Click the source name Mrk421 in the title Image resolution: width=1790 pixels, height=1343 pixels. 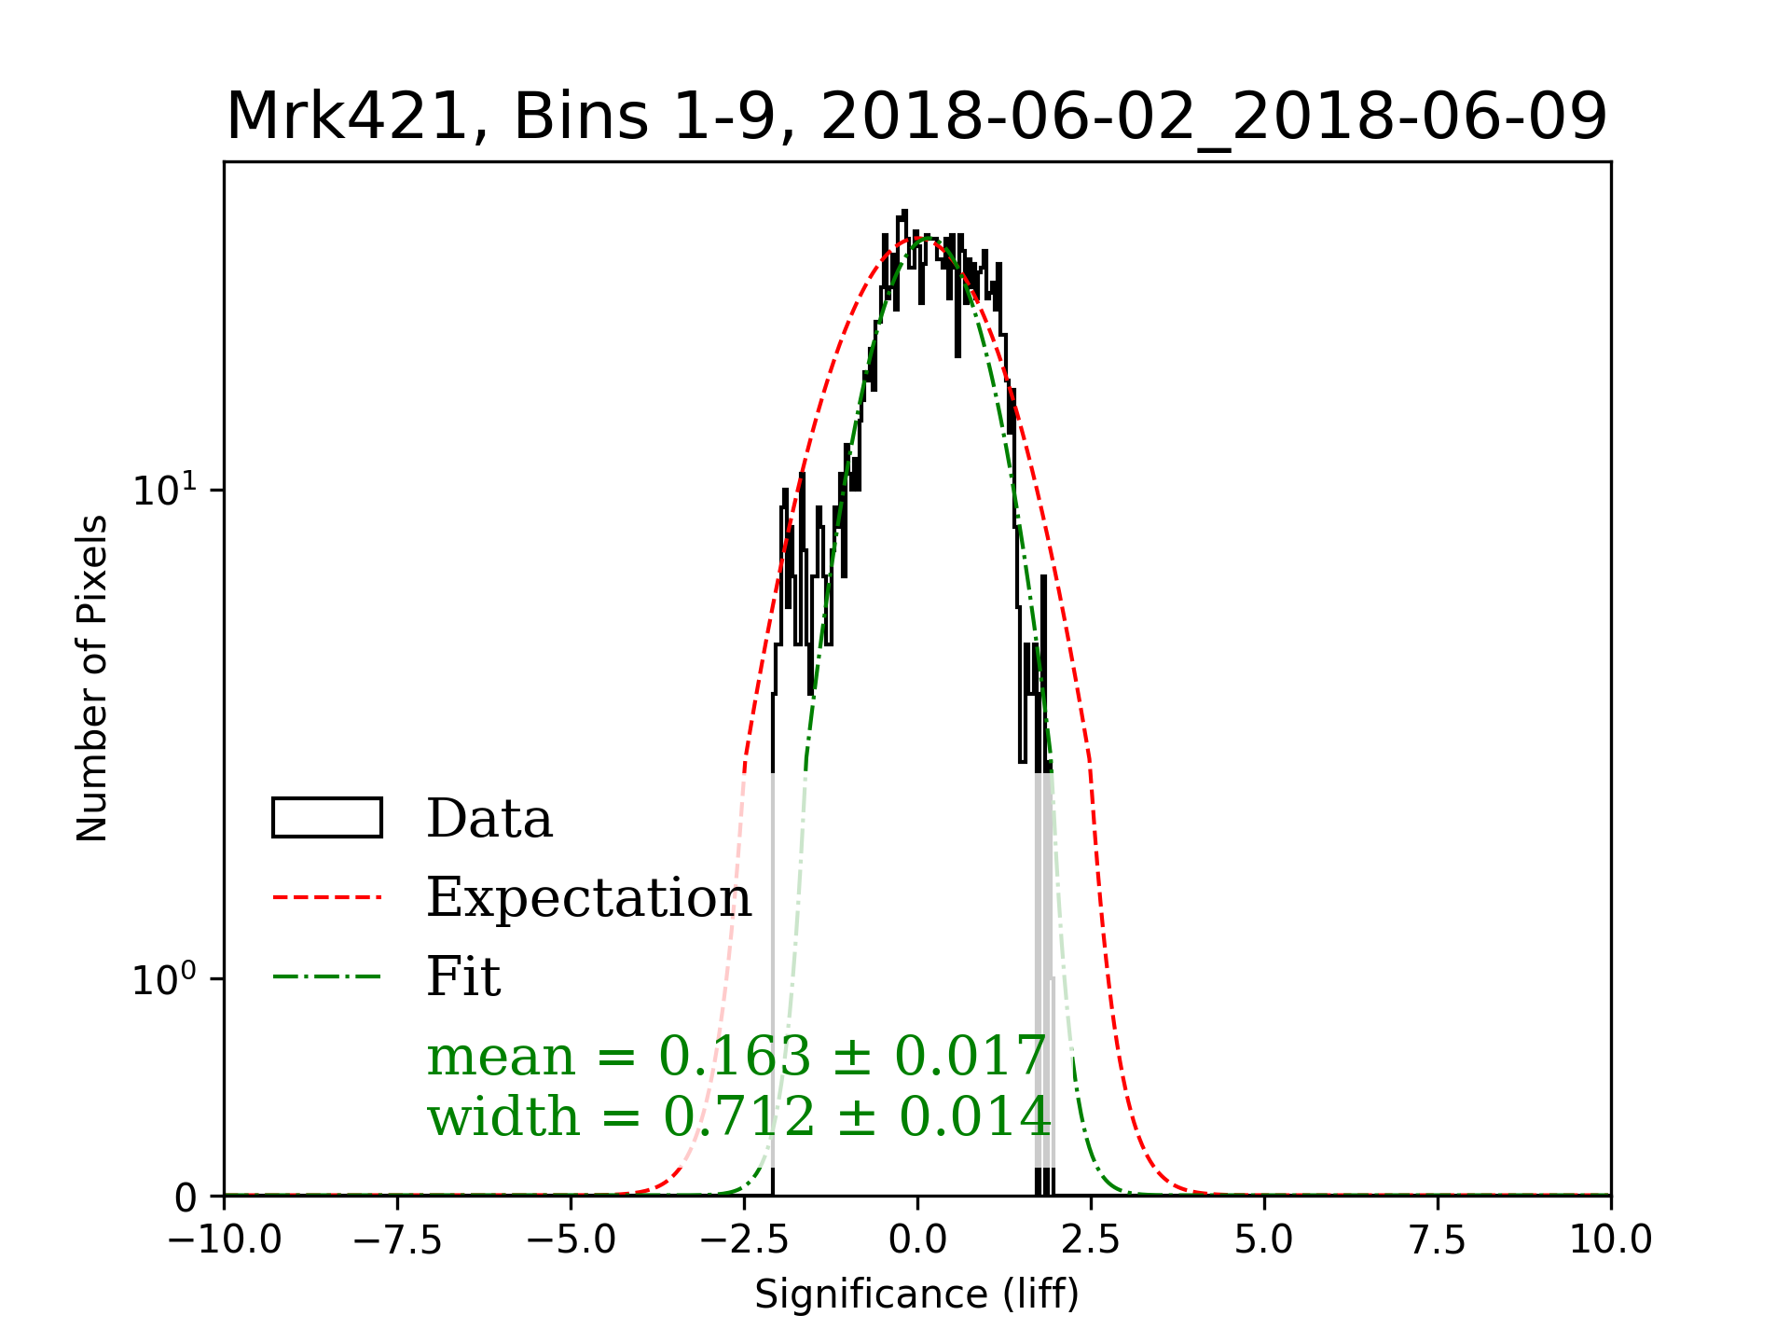(346, 117)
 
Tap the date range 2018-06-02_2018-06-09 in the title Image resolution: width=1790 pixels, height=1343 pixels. (1214, 117)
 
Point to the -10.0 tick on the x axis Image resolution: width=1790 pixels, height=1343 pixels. (225, 1239)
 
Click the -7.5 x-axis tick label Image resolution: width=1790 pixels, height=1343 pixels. (398, 1239)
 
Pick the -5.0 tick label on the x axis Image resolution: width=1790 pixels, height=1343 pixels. (571, 1239)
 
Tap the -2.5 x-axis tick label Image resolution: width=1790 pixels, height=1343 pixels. (745, 1239)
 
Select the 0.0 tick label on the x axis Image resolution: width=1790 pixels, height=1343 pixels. (917, 1239)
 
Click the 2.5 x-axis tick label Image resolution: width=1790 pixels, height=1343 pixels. (1091, 1239)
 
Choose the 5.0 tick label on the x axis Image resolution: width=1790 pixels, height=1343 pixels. (1264, 1239)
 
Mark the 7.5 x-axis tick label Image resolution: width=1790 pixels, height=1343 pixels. (1438, 1239)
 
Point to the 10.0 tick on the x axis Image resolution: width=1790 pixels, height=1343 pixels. (1611, 1239)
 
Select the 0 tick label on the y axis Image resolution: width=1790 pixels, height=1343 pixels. (186, 1198)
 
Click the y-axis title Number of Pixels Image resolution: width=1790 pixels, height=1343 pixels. (92, 678)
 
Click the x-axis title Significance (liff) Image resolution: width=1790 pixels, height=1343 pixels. (916, 1295)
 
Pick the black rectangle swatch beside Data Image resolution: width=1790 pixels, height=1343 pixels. (327, 818)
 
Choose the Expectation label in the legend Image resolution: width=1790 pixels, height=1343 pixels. (588, 897)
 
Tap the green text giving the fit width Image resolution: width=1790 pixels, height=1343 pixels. (738, 1116)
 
